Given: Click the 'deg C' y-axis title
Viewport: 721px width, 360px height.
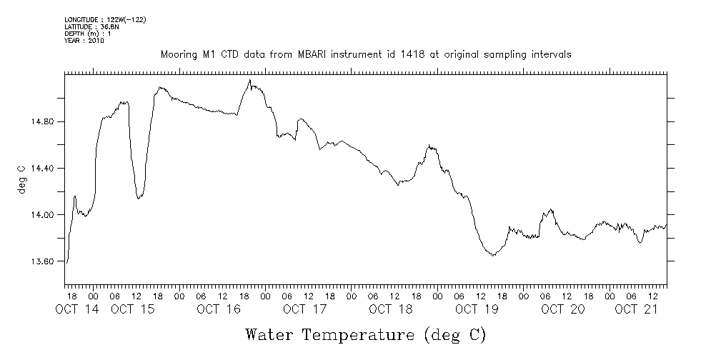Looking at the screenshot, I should click(21, 179).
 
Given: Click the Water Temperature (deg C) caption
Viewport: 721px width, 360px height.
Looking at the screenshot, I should click(366, 334).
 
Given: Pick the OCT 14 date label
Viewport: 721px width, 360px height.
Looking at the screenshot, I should click(76, 309).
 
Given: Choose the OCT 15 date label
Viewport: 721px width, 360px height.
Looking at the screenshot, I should click(133, 309).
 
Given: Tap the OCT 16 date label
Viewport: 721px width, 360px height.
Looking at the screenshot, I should click(219, 309).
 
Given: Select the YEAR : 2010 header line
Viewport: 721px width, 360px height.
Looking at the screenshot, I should click(84, 41).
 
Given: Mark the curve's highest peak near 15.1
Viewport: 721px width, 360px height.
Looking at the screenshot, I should click(249, 80).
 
